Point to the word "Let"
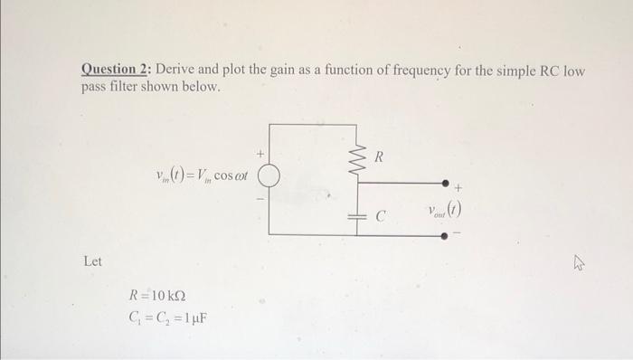click(x=92, y=262)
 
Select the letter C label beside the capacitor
click(x=381, y=217)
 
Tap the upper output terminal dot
click(x=444, y=182)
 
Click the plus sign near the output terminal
click(x=458, y=189)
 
